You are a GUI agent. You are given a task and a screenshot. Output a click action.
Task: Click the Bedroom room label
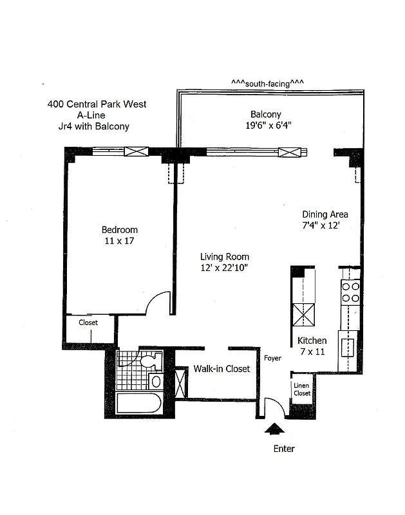point(119,230)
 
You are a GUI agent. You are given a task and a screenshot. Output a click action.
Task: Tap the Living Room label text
point(224,257)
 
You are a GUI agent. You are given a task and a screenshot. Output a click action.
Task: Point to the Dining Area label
point(325,214)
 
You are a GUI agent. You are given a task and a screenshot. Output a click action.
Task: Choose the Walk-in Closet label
point(221,369)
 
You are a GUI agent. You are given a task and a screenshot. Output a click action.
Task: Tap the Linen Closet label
point(302,389)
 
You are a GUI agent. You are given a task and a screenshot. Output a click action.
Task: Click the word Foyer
point(272,358)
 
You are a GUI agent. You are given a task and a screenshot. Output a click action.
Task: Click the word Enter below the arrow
point(284,449)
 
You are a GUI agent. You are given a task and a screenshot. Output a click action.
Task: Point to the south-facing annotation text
point(267,83)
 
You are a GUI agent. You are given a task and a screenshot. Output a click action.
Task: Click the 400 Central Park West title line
point(97,104)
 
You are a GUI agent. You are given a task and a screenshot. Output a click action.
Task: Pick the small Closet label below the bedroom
point(88,323)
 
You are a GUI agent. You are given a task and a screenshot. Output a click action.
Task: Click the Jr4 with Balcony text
point(93,126)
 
